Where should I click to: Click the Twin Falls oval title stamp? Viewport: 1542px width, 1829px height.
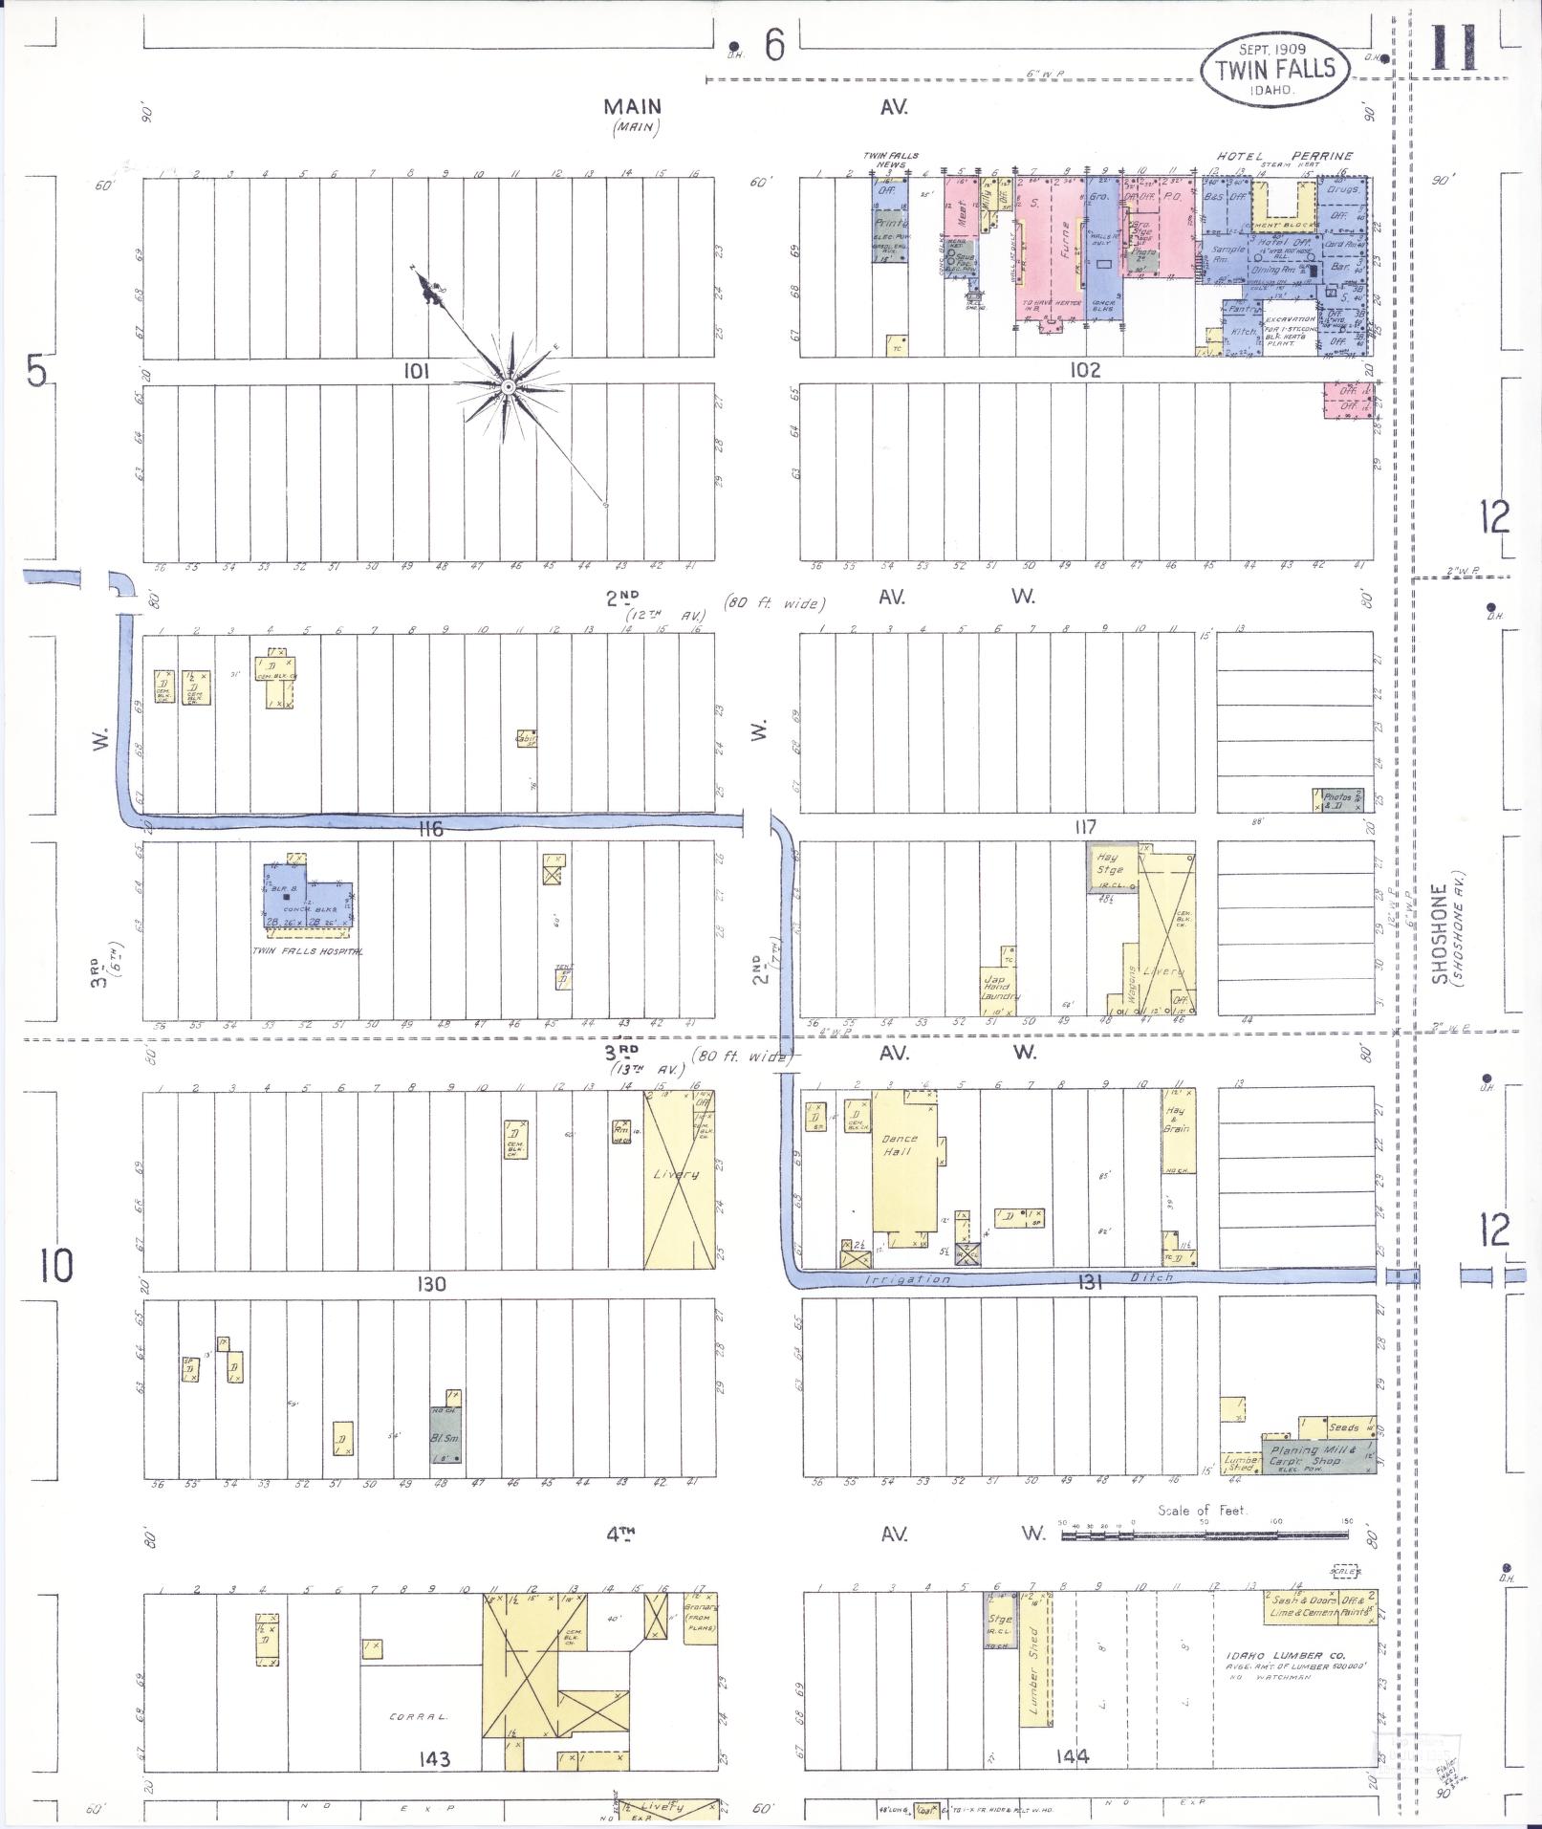[1274, 68]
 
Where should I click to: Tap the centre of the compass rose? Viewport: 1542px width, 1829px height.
[509, 386]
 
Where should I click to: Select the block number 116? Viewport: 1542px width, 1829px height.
[430, 829]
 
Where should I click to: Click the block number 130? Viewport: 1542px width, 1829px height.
[430, 1284]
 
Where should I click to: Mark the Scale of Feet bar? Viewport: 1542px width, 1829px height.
[1205, 1535]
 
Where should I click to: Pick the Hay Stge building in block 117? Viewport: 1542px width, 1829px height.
[1111, 866]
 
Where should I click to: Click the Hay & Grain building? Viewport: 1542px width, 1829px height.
[1178, 1131]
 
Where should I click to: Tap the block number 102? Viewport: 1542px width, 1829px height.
[1085, 370]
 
